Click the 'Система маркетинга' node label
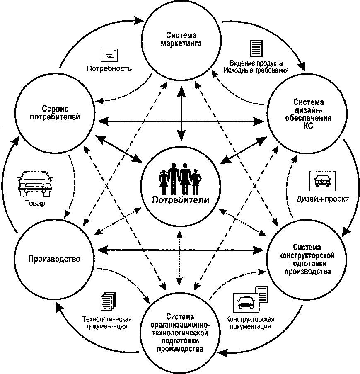tap(181, 39)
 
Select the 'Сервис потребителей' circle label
tap(55, 113)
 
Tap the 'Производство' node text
tap(54, 259)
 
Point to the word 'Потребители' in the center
tap(181, 199)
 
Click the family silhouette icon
tap(180, 179)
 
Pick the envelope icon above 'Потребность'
tap(109, 55)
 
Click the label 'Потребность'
tap(109, 69)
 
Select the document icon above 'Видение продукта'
tap(256, 49)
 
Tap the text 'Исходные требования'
tap(256, 70)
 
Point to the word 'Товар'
tap(35, 203)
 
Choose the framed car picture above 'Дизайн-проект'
tap(323, 181)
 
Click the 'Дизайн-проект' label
tap(323, 199)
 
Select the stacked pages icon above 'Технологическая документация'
tap(108, 302)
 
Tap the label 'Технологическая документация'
tap(107, 323)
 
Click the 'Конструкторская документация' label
tap(250, 323)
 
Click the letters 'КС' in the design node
tap(308, 126)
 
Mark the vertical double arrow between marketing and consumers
tap(181, 113)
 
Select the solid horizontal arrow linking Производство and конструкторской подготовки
tap(181, 250)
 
